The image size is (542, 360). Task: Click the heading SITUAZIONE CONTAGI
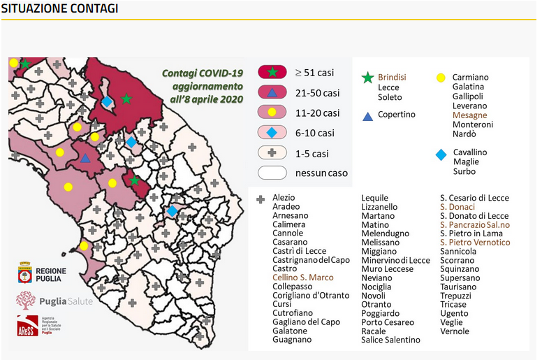click(x=59, y=8)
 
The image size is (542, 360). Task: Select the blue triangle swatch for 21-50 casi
click(x=272, y=93)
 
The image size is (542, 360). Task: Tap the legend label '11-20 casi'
click(x=317, y=113)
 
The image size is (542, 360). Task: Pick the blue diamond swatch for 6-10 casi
click(x=272, y=133)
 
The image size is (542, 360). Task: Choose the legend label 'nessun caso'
click(x=321, y=173)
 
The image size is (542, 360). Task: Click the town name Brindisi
click(x=392, y=77)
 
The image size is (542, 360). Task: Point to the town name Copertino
click(x=397, y=114)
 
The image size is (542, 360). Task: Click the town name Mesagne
click(x=469, y=115)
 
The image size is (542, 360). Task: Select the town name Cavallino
click(x=469, y=152)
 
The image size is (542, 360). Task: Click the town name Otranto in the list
click(x=376, y=305)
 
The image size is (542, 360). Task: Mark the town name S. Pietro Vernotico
click(x=475, y=242)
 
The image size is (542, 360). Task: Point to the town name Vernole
click(x=455, y=331)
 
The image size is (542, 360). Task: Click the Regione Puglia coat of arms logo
click(x=25, y=273)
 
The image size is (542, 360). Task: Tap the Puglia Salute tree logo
click(x=26, y=300)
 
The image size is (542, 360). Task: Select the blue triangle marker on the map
click(x=85, y=159)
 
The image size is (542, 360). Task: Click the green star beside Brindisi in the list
click(x=367, y=78)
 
